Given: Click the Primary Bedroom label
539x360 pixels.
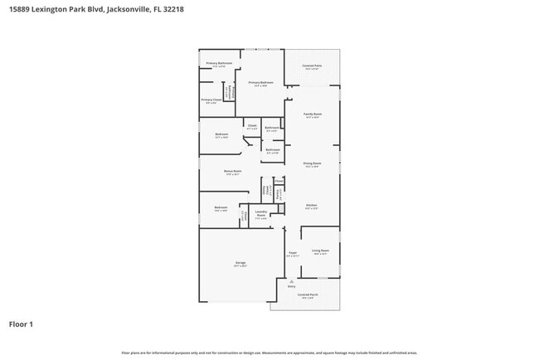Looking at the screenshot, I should point(260,83).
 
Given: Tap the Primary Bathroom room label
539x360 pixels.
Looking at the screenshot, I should point(219,64).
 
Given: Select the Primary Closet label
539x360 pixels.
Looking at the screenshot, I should point(211,100).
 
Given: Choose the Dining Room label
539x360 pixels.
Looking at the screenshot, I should point(313,163).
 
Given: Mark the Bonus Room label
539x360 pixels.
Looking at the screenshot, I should point(232,171).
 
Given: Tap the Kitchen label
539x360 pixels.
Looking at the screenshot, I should point(312,205).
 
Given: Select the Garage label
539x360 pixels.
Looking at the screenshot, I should point(240,263).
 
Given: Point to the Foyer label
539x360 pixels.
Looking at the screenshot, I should point(293,252).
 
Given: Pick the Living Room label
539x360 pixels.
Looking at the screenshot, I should point(320,250).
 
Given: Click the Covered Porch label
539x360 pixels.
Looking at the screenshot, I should point(308,294).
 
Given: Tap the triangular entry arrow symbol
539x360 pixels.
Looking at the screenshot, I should point(291,280).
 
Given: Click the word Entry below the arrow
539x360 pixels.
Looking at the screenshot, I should point(291,286).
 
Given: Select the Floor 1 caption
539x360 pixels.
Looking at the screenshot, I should point(21,324).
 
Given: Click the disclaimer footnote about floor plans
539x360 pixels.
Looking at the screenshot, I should point(269,352).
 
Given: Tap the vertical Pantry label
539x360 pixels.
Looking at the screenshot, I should point(279,193).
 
